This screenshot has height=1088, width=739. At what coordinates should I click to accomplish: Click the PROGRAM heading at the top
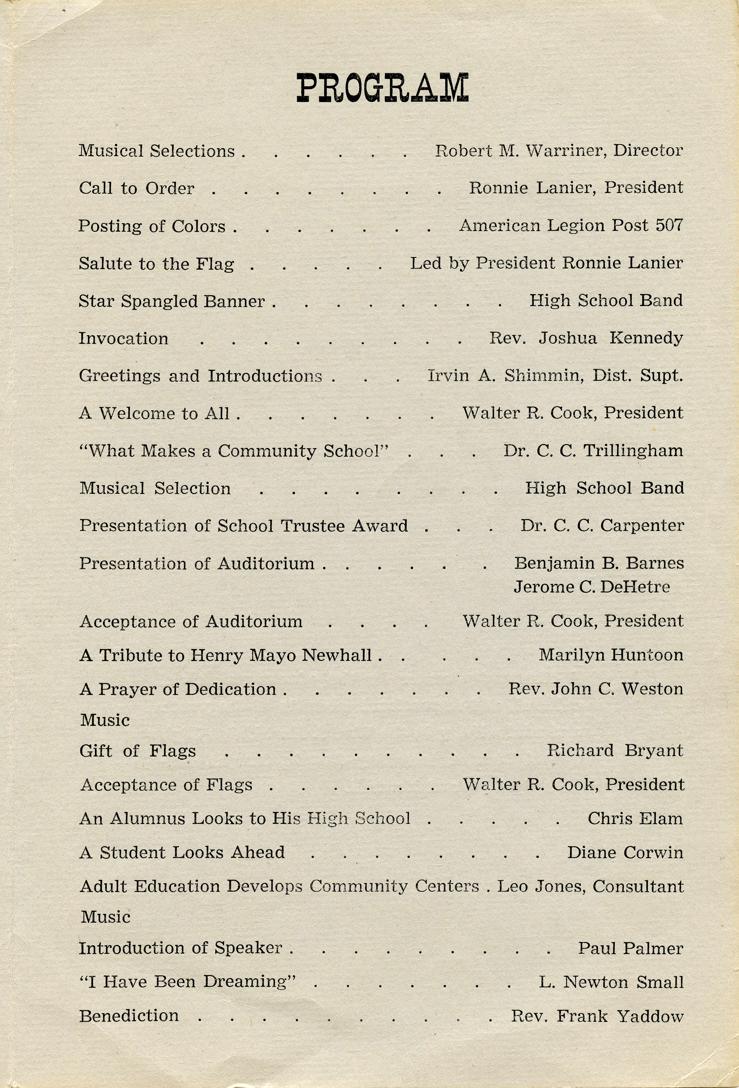(x=382, y=88)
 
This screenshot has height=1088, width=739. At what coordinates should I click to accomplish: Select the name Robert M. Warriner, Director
(x=559, y=151)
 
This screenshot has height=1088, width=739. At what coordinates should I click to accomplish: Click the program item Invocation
(x=124, y=339)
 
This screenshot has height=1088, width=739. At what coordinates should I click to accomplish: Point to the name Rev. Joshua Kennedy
(x=586, y=338)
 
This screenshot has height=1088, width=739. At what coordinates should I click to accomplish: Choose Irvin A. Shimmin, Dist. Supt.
(x=555, y=375)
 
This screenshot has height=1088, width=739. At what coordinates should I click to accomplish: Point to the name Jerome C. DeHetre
(x=592, y=587)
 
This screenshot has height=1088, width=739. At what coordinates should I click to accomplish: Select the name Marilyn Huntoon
(x=611, y=655)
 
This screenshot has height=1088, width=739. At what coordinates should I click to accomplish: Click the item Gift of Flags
(x=138, y=751)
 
